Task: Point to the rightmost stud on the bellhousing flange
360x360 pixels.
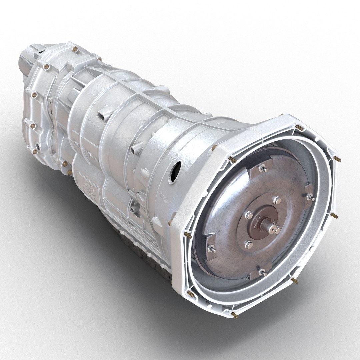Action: tap(337, 159)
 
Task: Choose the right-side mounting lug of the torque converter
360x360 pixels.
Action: tap(310, 197)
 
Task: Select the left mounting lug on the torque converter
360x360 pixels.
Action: tap(211, 249)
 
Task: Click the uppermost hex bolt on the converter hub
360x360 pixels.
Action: tap(277, 200)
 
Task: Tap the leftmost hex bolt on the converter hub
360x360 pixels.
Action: tap(248, 215)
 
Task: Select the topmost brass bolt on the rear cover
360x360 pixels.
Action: tap(75, 49)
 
